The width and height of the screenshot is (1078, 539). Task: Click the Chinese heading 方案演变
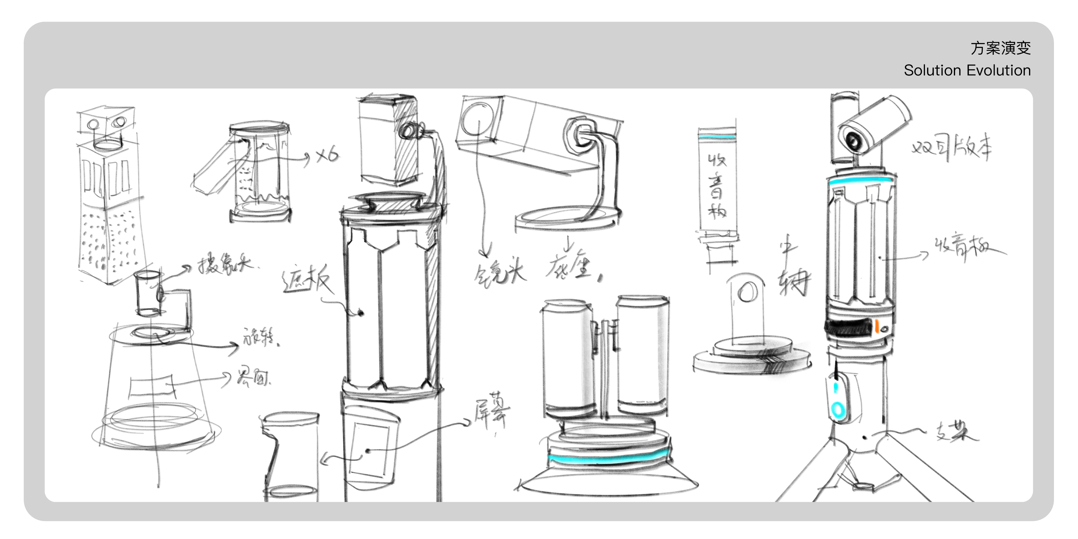click(1000, 48)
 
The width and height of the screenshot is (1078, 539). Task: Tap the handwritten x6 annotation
click(327, 156)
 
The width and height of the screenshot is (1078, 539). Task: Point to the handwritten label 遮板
click(308, 280)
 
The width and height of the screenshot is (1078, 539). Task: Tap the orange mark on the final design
click(876, 326)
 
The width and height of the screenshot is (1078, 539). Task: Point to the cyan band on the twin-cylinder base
click(607, 460)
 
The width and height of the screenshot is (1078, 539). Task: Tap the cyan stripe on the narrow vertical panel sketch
click(717, 137)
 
